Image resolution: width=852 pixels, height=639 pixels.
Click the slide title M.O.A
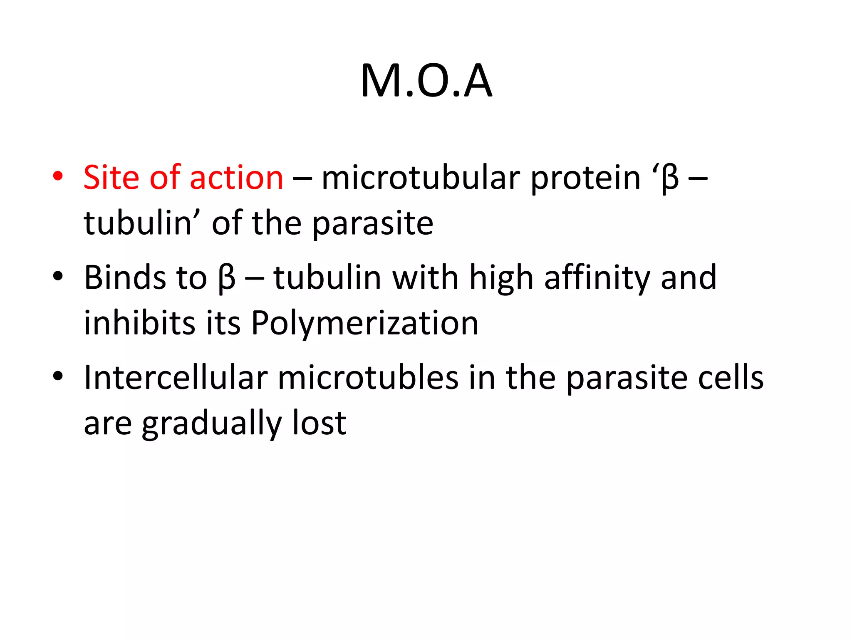426,81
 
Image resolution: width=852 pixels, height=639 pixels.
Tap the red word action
236,178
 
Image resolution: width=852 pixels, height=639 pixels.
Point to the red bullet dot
58,176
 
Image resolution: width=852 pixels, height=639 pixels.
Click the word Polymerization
364,324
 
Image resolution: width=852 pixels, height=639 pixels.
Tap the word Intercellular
176,378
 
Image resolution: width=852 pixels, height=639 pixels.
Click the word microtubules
368,378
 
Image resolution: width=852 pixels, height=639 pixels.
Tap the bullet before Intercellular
58,376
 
